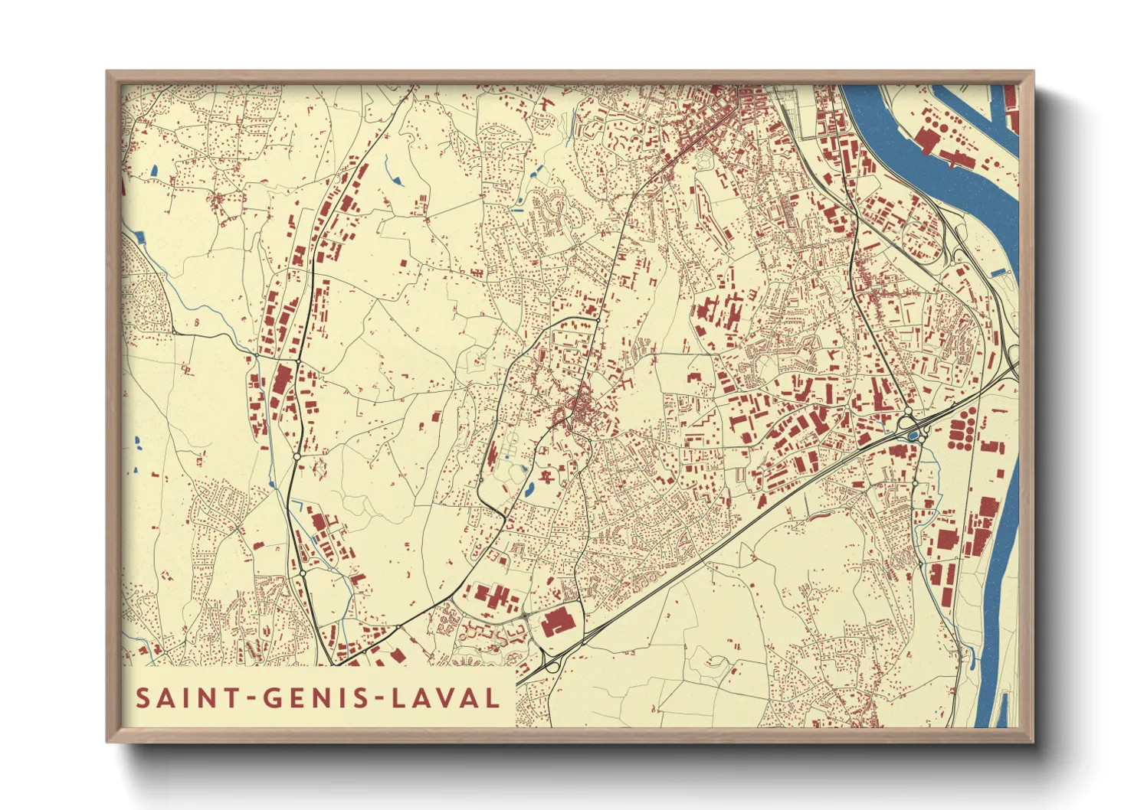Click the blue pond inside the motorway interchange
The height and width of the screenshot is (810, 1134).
click(913, 436)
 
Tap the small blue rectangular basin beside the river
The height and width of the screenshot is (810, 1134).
click(996, 272)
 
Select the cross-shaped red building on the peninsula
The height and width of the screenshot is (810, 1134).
click(954, 159)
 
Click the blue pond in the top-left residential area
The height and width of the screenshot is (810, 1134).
click(154, 171)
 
